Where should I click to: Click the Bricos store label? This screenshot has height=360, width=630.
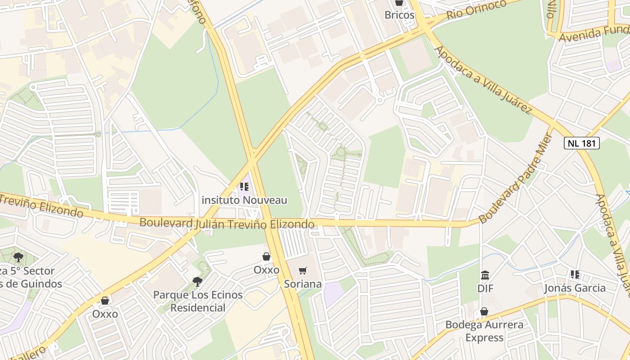[399, 15]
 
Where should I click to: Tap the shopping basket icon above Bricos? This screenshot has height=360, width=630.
[399, 2]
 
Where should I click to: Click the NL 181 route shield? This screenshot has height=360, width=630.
[582, 143]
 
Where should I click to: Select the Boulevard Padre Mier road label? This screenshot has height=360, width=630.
[516, 178]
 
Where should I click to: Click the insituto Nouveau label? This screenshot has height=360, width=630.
[244, 200]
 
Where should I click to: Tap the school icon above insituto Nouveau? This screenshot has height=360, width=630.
[244, 186]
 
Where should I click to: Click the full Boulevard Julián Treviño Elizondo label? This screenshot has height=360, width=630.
[227, 223]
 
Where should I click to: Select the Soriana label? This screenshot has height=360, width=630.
[303, 284]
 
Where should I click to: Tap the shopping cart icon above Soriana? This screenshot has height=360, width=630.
[303, 270]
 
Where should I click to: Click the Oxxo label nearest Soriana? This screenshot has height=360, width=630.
[266, 270]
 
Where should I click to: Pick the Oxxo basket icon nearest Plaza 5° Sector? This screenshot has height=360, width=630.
[105, 301]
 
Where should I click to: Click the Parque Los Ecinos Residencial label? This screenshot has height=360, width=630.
[198, 301]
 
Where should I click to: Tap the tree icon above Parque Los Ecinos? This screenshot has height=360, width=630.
[197, 282]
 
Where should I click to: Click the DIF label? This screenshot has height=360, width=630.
[485, 288]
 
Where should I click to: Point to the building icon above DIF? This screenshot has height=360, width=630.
[485, 275]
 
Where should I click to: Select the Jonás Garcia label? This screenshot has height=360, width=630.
[575, 288]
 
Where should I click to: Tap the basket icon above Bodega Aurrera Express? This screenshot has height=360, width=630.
[484, 311]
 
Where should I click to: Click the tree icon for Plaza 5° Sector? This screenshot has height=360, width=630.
[18, 257]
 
